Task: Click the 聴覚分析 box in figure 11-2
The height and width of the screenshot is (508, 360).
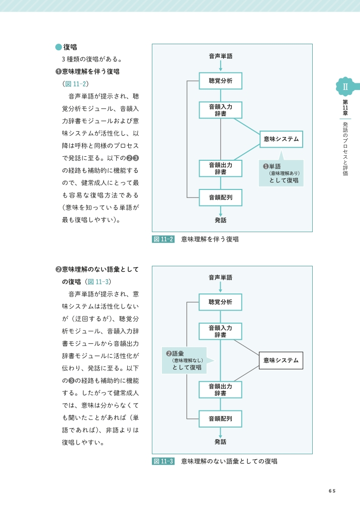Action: [220, 81]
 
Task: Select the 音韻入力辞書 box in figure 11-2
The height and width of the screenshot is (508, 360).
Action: [220, 110]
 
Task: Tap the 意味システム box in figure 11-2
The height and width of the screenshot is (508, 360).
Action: [281, 139]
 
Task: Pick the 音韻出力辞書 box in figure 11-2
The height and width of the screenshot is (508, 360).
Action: [220, 168]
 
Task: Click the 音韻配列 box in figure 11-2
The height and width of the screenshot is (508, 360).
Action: [220, 197]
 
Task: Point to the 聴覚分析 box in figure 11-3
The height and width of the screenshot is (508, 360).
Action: [220, 302]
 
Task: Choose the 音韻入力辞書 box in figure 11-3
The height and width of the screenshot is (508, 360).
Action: [220, 331]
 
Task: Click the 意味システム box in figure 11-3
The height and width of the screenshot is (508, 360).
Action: [281, 360]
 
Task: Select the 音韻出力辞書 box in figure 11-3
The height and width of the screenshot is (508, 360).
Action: [220, 389]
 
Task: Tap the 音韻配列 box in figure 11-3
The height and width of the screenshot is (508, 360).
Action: [220, 419]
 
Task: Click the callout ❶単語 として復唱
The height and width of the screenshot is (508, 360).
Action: [281, 173]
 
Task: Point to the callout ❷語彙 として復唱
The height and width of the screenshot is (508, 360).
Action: [185, 360]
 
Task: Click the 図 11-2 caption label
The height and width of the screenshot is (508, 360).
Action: [163, 239]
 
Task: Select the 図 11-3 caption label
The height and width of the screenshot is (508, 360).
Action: [163, 461]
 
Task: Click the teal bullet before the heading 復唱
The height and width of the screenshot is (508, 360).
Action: [58, 47]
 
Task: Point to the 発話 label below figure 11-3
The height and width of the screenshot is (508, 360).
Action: [220, 442]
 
